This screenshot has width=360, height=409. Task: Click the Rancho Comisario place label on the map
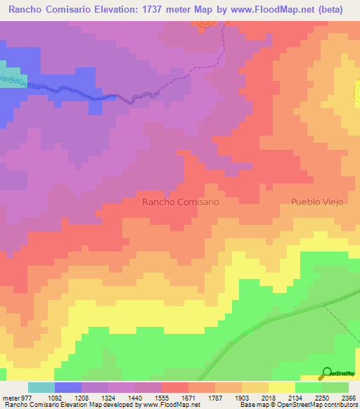(181, 202)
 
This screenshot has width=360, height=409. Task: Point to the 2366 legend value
(347, 397)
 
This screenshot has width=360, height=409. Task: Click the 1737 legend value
(200, 397)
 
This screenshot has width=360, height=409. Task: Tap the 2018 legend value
(267, 397)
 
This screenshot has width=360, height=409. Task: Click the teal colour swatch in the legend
(41, 387)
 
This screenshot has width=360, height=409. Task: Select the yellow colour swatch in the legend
(281, 387)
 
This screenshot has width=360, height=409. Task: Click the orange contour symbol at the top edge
(205, 24)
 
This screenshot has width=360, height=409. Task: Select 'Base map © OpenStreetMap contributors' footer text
(297, 405)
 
